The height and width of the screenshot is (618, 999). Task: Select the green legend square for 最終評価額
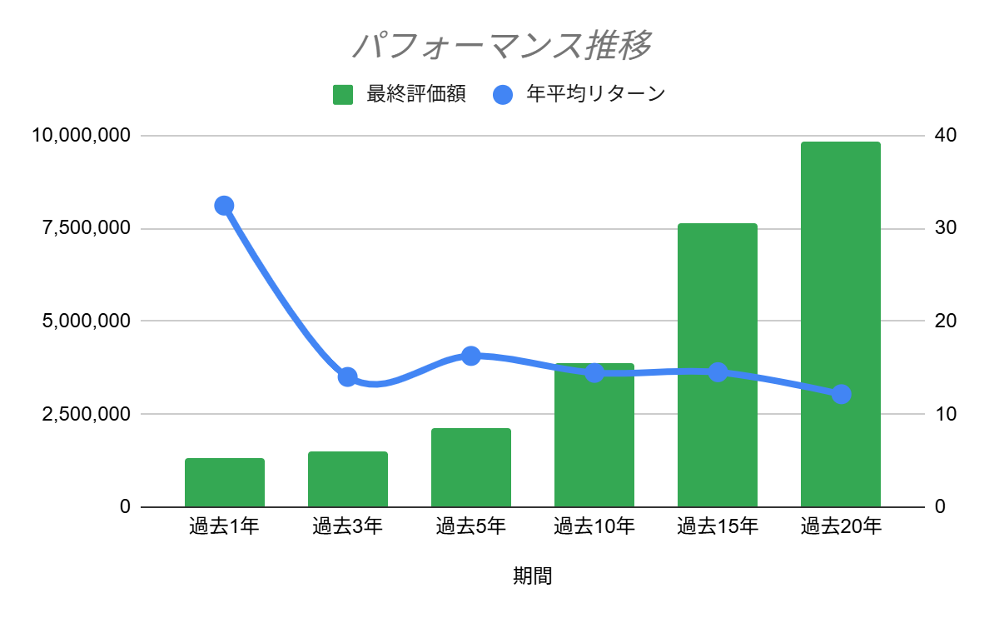point(343,95)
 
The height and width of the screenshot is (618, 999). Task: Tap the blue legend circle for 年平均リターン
point(503,95)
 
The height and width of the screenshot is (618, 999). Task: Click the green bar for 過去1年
point(225,483)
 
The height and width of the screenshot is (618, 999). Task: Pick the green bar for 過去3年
point(348,480)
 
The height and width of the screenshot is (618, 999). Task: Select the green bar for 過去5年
point(471,468)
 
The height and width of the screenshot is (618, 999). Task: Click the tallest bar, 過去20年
point(841,325)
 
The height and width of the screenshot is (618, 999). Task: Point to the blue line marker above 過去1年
point(224,206)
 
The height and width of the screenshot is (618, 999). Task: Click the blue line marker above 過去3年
point(348,376)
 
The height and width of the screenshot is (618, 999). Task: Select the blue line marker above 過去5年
point(471,356)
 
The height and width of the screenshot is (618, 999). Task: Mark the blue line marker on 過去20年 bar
point(841,394)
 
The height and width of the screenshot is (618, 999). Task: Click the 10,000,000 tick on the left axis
point(82,136)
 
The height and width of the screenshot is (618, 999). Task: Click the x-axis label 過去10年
point(594,526)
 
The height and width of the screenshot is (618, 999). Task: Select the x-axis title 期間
point(533,576)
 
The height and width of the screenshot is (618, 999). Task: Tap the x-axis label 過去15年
point(718,526)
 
